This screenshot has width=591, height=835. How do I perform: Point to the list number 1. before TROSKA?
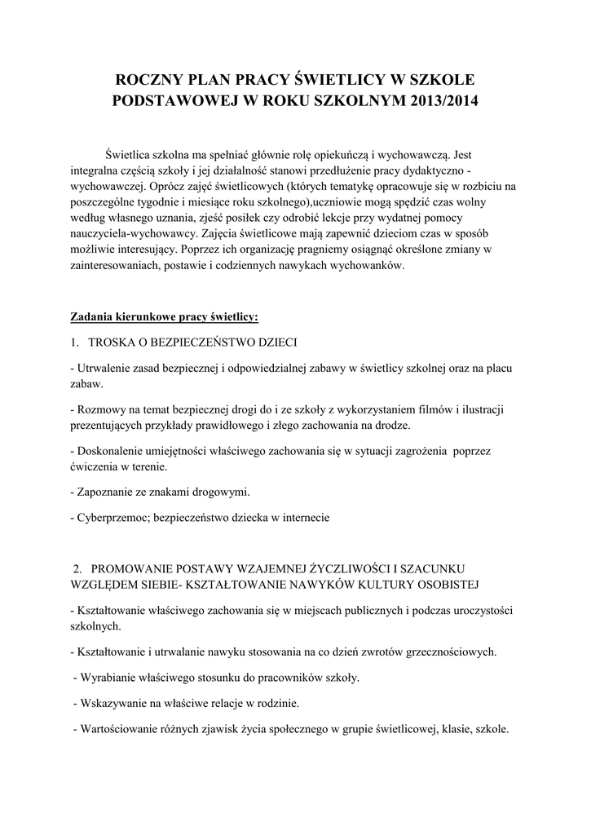tap(74, 341)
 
